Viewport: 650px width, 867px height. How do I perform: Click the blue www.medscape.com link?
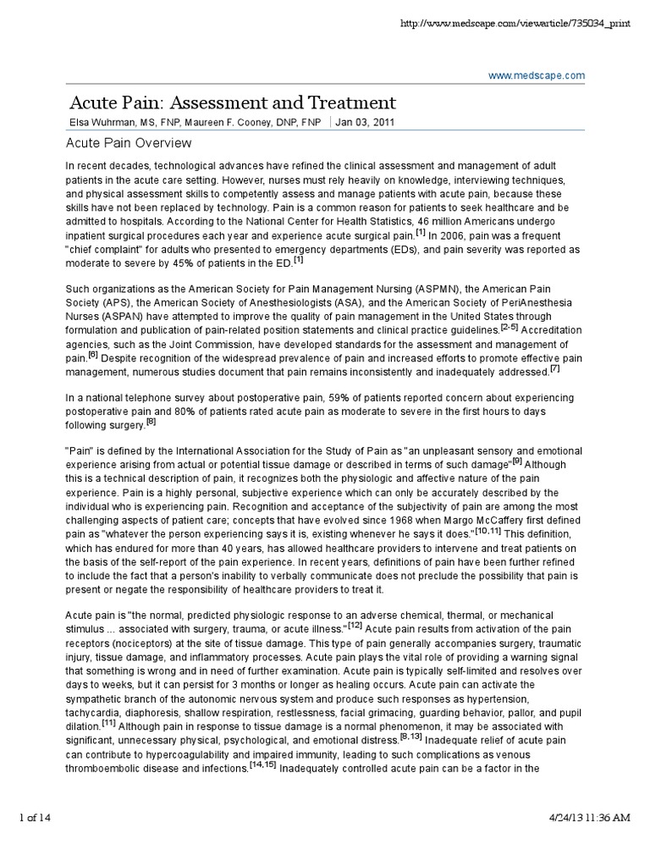pos(537,76)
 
